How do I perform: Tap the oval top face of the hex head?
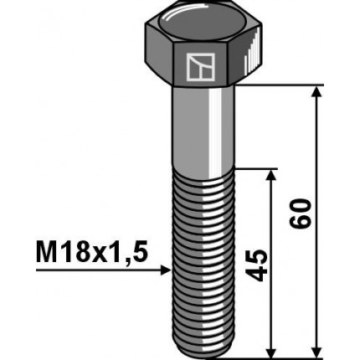(x=199, y=24)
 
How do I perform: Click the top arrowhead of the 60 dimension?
(x=316, y=92)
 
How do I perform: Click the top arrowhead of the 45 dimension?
(x=270, y=175)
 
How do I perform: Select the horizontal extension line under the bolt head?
(x=276, y=85)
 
